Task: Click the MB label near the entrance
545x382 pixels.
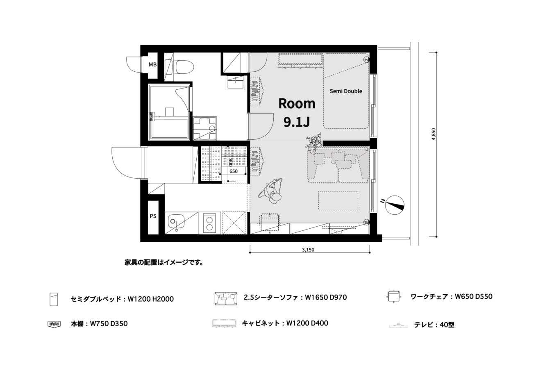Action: click(x=152, y=65)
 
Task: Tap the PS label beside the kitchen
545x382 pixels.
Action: click(x=153, y=216)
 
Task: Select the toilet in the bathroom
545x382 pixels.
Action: click(x=179, y=67)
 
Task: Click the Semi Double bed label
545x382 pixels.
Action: click(x=346, y=91)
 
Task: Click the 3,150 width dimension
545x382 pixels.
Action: click(x=308, y=250)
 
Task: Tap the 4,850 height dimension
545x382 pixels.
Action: click(x=434, y=134)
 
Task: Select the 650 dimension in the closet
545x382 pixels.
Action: click(x=233, y=171)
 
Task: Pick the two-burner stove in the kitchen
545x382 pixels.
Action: click(x=209, y=223)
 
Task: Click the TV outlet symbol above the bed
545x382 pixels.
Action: click(x=366, y=59)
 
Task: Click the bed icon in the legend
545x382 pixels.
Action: click(x=54, y=299)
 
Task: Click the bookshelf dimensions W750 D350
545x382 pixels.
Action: click(x=109, y=324)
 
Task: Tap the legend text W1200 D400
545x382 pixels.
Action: click(x=307, y=323)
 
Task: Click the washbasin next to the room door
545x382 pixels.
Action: click(x=235, y=83)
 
